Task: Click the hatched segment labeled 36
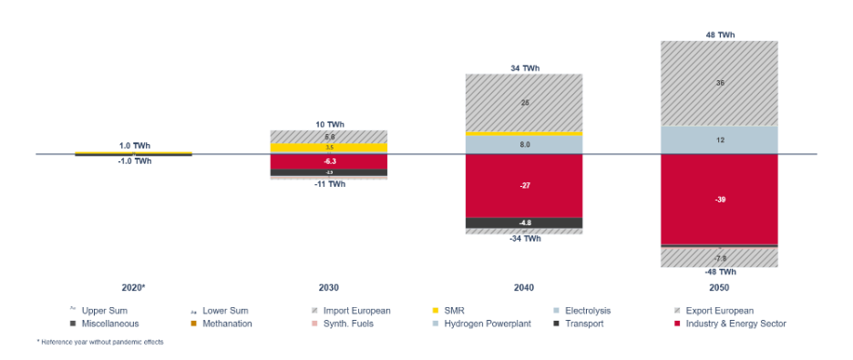[719, 83]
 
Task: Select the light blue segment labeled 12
[719, 140]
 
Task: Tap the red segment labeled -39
[719, 199]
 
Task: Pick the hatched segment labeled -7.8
[719, 258]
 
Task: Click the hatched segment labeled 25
[524, 103]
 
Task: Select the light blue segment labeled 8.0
[524, 145]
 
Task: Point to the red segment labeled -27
[524, 186]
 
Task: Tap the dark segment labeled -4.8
[524, 222]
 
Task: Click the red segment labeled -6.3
[328, 161]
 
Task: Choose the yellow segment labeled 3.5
[328, 148]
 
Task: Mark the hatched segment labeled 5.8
[328, 137]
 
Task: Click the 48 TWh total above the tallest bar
[720, 35]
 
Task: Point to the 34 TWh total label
[525, 67]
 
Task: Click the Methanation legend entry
[226, 324]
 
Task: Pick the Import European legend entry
[356, 311]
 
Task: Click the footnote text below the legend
[99, 342]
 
